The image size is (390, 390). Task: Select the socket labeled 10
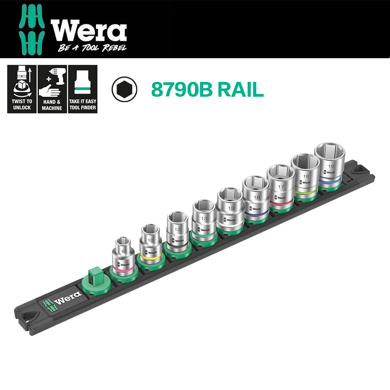click(151, 244)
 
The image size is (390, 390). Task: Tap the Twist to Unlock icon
click(21, 89)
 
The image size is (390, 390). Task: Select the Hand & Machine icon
click(52, 89)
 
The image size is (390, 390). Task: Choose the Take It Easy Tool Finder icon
click(83, 89)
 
